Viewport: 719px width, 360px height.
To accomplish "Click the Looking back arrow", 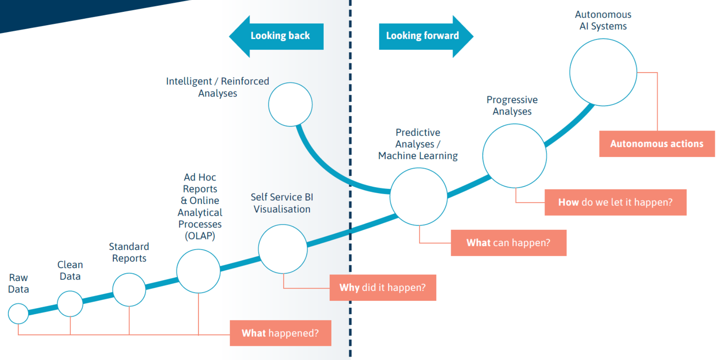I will click(277, 36).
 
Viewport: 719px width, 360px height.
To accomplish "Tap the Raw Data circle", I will click(18, 313).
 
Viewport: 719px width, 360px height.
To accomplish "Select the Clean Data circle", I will click(70, 303).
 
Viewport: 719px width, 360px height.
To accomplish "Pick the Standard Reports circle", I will click(129, 289).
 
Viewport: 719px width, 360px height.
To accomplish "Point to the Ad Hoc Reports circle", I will click(198, 271).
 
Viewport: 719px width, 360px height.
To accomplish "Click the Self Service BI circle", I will click(283, 249).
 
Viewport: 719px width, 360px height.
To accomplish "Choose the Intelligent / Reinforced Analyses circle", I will click(290, 104).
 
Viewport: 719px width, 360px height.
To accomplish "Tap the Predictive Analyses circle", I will click(419, 197).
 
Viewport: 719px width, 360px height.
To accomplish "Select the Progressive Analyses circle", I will click(514, 156).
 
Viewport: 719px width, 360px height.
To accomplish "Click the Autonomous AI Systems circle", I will click(603, 72).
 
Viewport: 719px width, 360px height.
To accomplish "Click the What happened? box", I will click(281, 333).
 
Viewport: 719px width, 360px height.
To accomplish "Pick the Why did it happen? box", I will click(383, 287).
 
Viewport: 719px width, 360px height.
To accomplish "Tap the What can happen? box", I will click(508, 243).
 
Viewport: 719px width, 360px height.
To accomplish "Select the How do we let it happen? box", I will click(615, 202).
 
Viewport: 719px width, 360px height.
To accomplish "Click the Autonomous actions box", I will click(657, 144).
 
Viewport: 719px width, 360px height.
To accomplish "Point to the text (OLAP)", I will click(200, 236).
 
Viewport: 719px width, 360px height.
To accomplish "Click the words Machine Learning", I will click(418, 156).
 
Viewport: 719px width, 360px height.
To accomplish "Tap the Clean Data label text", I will click(70, 270).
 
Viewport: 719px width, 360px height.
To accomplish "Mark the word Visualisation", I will click(282, 209).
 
